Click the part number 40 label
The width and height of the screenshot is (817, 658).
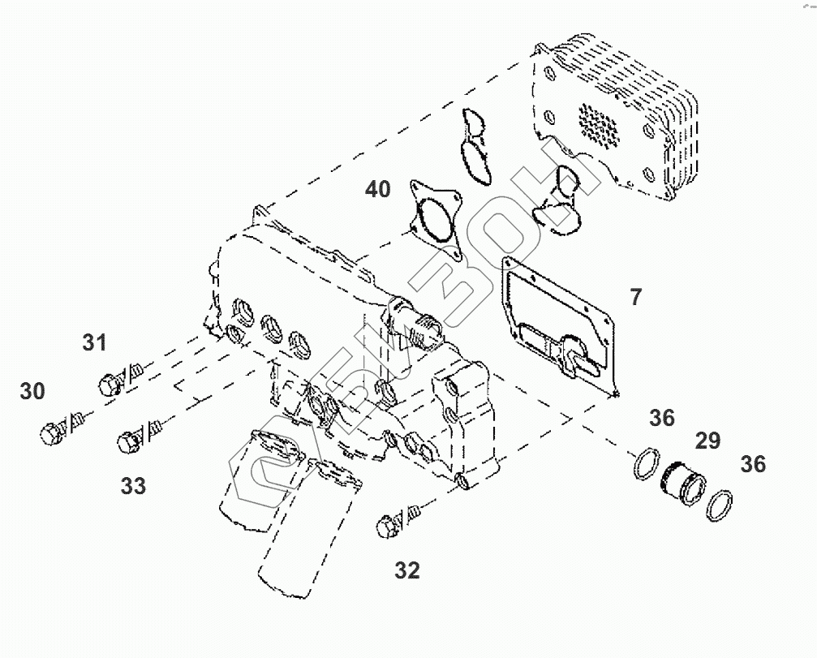click(x=377, y=190)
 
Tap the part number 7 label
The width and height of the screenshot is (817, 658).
click(x=635, y=297)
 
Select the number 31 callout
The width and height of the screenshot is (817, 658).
click(x=94, y=342)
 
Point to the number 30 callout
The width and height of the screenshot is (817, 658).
click(x=32, y=391)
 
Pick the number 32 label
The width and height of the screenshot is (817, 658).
click(x=407, y=570)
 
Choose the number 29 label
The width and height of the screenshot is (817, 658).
click(x=707, y=441)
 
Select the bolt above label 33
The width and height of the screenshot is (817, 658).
click(x=129, y=442)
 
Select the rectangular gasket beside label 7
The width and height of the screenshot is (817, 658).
click(x=560, y=325)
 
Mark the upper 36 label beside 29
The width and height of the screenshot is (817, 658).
click(x=662, y=418)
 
